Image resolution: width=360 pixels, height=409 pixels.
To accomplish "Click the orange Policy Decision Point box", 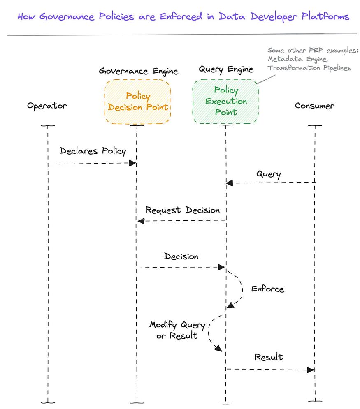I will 138,102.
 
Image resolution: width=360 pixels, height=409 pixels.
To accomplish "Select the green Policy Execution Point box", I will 225,101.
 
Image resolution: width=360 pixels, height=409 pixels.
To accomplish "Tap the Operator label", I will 47,106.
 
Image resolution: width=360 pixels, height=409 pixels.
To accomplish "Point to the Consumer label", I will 314,106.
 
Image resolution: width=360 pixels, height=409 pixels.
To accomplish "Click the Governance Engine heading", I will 138,71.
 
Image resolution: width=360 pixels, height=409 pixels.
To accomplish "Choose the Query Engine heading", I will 226,69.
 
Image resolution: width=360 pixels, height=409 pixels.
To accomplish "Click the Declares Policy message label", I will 93,151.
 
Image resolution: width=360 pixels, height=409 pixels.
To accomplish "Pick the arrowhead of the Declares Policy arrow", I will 132,163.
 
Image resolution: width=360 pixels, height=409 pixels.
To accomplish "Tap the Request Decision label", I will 182,210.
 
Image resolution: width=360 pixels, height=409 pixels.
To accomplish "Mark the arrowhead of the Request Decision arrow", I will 141,221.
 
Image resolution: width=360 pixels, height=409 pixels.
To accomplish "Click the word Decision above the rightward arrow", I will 181,256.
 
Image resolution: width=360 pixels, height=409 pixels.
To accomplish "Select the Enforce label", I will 267,289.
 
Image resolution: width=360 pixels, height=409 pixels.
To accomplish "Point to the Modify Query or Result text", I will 177,330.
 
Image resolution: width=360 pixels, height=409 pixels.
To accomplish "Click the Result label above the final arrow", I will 269,357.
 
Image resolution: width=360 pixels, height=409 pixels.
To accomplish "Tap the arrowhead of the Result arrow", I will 311,370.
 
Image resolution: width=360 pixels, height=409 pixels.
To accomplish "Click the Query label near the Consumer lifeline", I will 268,174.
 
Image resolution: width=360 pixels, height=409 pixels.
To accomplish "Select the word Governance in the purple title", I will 68,17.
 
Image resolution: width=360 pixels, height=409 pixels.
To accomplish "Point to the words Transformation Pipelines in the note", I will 309,68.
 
